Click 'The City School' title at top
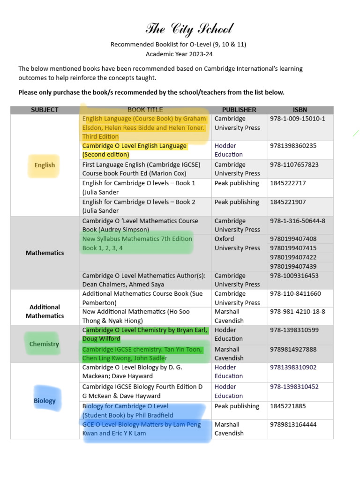tap(189, 30)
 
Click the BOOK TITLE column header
tap(145, 110)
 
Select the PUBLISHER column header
tap(239, 110)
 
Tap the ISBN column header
tap(300, 110)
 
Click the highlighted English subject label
tap(45, 165)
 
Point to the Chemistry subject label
tap(44, 344)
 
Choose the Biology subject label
tap(45, 401)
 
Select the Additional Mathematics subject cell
tap(45, 311)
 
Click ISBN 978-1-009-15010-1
tap(297, 119)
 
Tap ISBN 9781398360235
tap(293, 146)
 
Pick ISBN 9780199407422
tap(293, 257)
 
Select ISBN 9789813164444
tap(293, 425)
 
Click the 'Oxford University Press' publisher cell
tap(237, 243)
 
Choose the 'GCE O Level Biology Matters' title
tap(141, 429)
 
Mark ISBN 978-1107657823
tap(294, 165)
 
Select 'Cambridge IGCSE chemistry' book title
tap(142, 354)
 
